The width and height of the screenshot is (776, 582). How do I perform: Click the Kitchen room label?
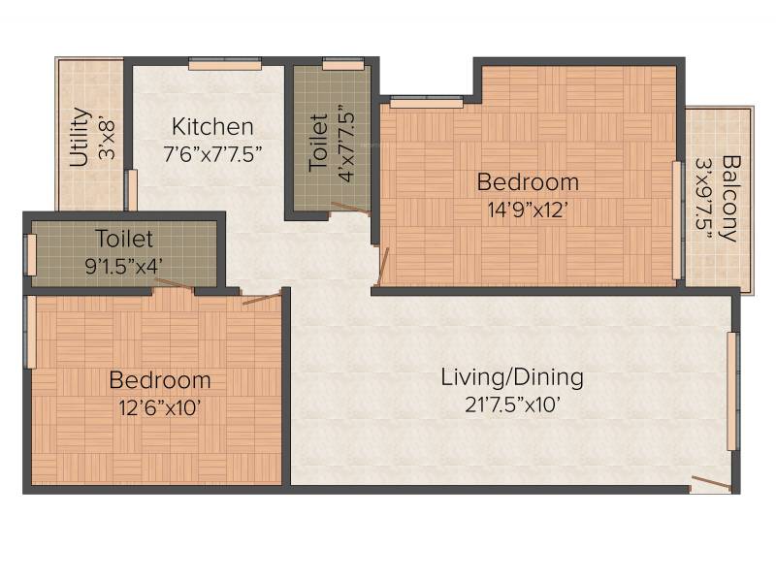coord(212,127)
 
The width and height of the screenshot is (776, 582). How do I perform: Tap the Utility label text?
coord(80,137)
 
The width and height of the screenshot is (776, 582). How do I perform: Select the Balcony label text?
coord(731,199)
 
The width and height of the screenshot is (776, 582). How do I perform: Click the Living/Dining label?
coord(512,377)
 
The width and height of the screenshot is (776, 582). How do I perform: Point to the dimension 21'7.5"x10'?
coord(513,405)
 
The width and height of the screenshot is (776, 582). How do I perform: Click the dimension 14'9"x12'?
coord(527,210)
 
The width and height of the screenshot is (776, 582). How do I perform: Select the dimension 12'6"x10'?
coord(160,408)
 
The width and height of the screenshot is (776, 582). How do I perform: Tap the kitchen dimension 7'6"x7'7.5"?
coord(212,154)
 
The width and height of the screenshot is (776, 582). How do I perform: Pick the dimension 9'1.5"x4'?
coord(124,267)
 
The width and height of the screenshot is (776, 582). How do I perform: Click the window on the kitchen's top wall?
coord(225,64)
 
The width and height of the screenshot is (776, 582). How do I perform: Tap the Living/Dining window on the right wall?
coord(733,391)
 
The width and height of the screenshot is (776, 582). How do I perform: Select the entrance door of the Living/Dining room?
coord(711,483)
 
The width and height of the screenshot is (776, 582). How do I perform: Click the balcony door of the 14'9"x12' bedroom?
coord(677,220)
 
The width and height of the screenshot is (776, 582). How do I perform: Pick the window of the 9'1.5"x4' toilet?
coord(30,254)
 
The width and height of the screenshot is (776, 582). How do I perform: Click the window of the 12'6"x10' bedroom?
coord(30,332)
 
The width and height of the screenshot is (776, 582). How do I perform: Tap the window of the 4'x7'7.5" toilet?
coord(343,64)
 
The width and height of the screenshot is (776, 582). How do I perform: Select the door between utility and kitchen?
coord(132,190)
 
